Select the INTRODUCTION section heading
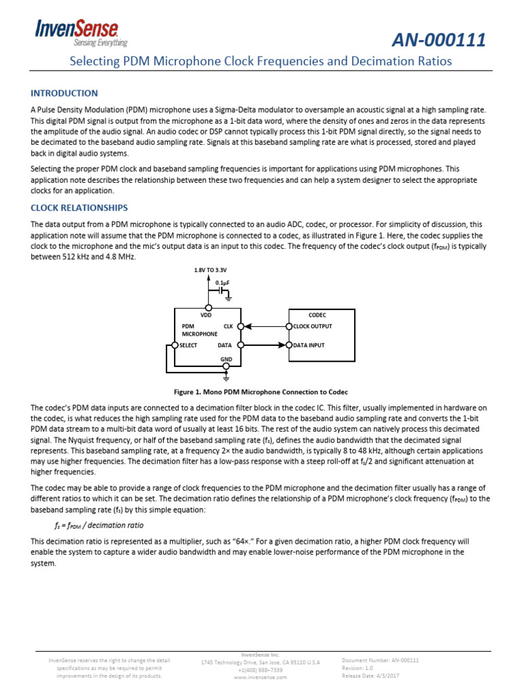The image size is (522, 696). coord(65,93)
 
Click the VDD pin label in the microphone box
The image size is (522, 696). coord(207,315)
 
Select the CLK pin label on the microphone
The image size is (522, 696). coord(228,326)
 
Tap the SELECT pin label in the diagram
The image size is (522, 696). coord(188,345)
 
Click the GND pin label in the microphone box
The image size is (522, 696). coord(226,358)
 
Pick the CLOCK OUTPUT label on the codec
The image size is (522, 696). coord(313,326)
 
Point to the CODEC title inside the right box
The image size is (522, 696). coord(317,315)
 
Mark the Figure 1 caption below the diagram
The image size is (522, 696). coord(261,392)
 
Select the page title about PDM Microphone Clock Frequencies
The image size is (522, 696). coord(261,61)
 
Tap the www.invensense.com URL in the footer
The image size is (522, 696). coord(260,677)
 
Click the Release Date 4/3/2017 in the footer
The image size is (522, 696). coord(371,676)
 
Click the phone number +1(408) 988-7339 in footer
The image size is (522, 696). coord(260,669)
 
